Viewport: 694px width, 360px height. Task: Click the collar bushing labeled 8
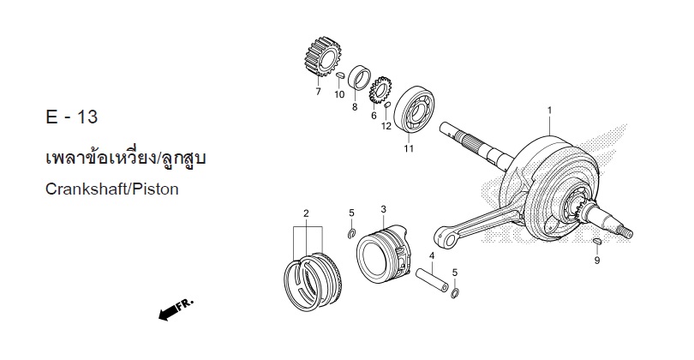tap(359, 76)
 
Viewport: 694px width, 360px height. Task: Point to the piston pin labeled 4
tap(432, 279)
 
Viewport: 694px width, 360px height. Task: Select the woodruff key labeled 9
tap(596, 242)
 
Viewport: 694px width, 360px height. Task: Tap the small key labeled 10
tap(340, 75)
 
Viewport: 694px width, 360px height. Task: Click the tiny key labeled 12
tap(386, 105)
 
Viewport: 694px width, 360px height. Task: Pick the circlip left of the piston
tap(351, 234)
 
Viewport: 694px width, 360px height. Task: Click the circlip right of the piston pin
tap(455, 293)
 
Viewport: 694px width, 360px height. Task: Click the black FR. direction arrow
tap(169, 313)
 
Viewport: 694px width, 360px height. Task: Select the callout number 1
tap(550, 110)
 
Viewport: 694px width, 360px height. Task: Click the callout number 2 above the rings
tap(306, 213)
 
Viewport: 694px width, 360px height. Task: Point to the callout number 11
tap(408, 148)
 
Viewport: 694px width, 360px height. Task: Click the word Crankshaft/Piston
tap(112, 189)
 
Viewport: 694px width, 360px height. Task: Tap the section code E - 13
tap(71, 117)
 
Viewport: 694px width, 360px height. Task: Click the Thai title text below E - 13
tap(126, 159)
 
